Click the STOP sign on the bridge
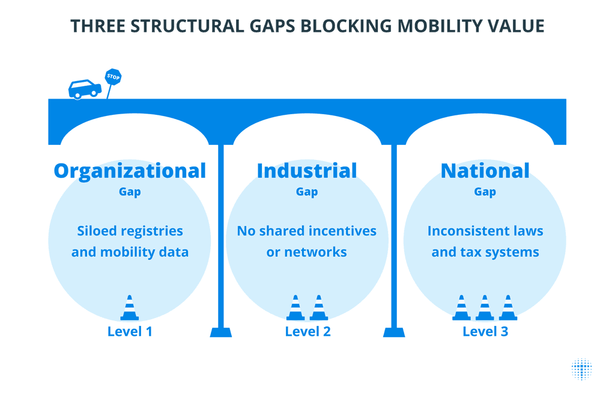(x=113, y=76)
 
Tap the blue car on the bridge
(x=85, y=89)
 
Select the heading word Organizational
(x=130, y=171)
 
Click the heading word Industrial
(x=307, y=171)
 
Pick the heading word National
(x=485, y=171)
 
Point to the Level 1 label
(x=130, y=331)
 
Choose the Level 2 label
(x=307, y=331)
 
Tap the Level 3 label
(x=485, y=331)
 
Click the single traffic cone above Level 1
(x=130, y=308)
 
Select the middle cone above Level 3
(x=485, y=308)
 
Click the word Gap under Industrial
(x=307, y=192)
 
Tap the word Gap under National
(x=485, y=192)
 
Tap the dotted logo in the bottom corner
(x=581, y=369)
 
